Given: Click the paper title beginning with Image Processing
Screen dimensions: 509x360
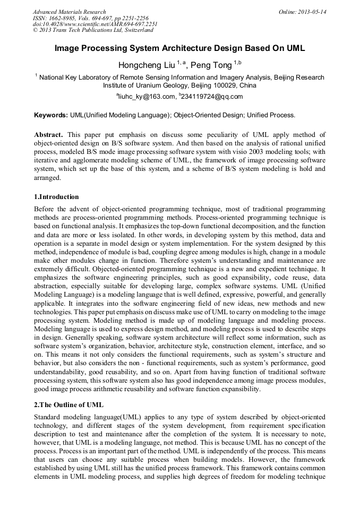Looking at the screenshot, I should click(x=179, y=48).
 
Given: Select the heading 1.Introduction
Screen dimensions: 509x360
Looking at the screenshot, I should click(x=56, y=197).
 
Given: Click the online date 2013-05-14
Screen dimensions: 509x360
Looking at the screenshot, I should click(x=315, y=12).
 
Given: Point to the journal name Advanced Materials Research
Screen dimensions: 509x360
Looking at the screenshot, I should click(x=69, y=12).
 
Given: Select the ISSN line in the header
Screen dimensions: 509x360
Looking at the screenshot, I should click(x=90, y=18).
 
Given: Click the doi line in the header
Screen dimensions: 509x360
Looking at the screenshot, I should click(x=95, y=24).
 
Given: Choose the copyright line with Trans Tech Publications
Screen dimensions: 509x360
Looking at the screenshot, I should click(x=93, y=30).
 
